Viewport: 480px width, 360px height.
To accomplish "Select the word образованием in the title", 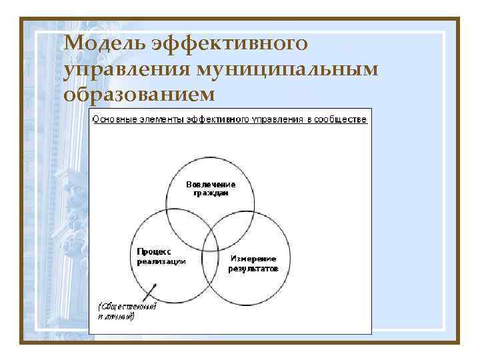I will click(x=140, y=95).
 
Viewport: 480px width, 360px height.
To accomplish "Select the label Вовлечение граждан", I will click(x=210, y=188).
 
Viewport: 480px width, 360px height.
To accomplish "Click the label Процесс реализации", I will click(x=161, y=257).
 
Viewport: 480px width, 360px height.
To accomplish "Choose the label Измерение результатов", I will click(x=253, y=263).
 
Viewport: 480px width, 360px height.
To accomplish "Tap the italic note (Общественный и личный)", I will click(x=127, y=311).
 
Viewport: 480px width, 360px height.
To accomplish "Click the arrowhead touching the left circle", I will click(x=155, y=285).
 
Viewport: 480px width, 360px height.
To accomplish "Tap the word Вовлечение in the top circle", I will click(x=210, y=184).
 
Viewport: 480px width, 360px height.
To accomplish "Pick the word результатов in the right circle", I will click(x=253, y=268).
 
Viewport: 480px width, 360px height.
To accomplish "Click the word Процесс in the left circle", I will click(x=154, y=252).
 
